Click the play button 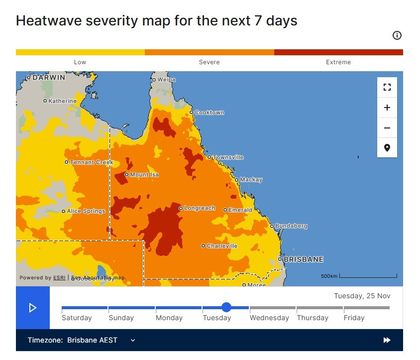[33, 308]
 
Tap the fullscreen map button [387, 88]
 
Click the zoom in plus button [387, 108]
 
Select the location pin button [387, 148]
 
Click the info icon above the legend [397, 35]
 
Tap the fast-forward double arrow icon [387, 340]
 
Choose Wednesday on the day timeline [269, 318]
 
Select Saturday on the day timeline [77, 318]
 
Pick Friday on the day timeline [354, 318]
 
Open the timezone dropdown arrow [133, 340]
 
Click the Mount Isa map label [144, 175]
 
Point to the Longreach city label [199, 208]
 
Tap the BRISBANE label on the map [303, 259]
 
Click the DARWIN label [49, 78]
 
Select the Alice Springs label [86, 211]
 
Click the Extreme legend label [338, 62]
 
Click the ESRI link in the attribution [59, 278]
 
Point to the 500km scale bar [368, 276]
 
